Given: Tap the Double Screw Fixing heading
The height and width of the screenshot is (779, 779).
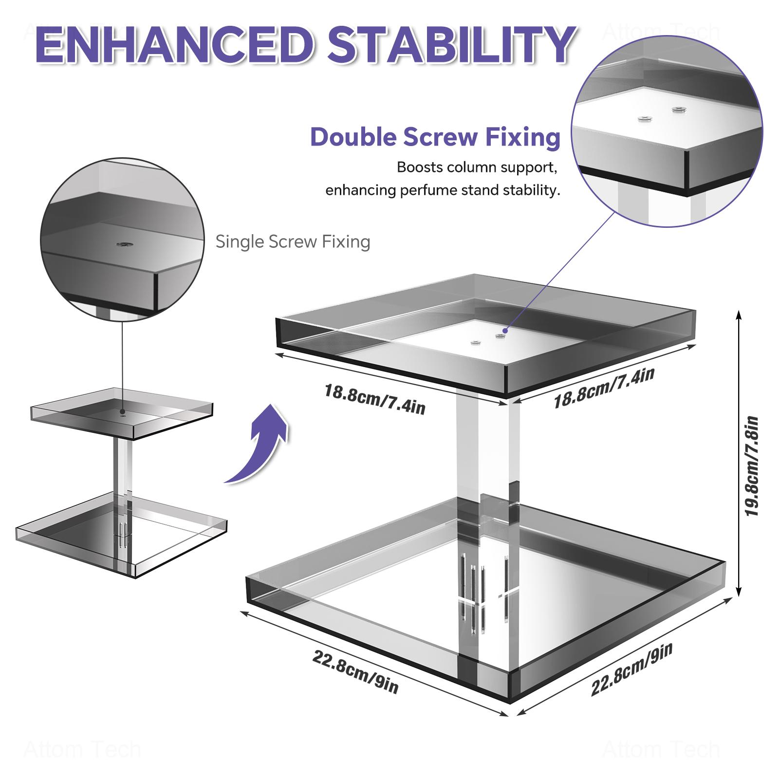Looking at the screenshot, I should point(435,137).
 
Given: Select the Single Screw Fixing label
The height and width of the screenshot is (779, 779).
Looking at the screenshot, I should point(293,241).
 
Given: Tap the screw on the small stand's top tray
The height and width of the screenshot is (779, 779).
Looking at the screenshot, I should point(122,412).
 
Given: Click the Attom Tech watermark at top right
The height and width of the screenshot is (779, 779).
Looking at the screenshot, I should point(660,33).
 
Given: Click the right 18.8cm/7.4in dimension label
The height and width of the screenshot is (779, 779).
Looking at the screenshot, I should point(604,388).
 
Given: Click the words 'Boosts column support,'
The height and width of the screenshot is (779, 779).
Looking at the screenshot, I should point(477,167).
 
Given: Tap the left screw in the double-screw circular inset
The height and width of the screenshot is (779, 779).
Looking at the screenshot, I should point(646,118).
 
